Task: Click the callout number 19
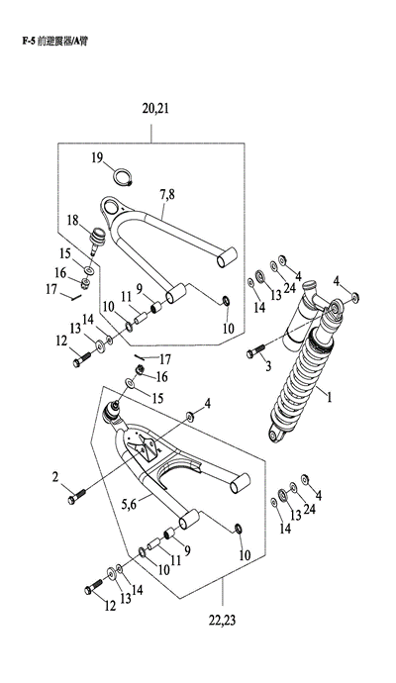click(x=97, y=157)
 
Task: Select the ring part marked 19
click(x=123, y=176)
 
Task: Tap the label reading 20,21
click(x=155, y=109)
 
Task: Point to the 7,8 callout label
click(x=167, y=194)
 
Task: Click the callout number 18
click(x=72, y=221)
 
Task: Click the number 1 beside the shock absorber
click(x=330, y=397)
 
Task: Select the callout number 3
click(x=268, y=366)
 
